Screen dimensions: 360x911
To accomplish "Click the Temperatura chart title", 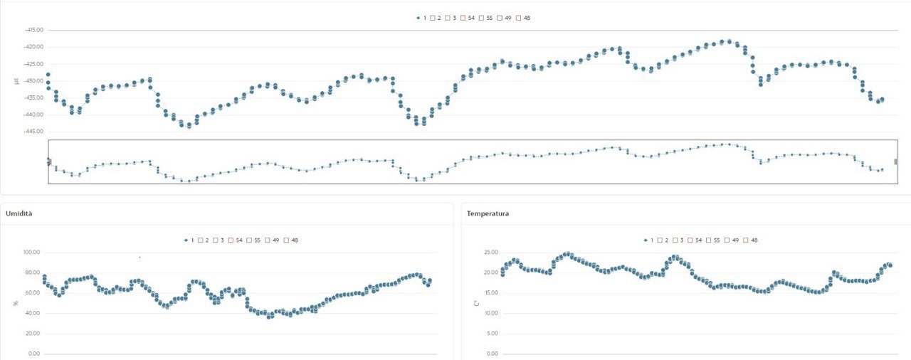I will pos(488,213).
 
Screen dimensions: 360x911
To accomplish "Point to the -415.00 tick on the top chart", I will pos(34,30).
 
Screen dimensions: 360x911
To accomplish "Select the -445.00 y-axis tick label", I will pos(34,132).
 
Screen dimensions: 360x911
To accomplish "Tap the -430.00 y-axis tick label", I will pos(34,80).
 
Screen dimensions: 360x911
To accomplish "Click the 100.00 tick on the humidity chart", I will pos(33,253).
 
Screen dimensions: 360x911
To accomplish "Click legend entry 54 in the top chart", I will pos(468,18).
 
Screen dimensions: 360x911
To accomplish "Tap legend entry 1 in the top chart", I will pos(421,18).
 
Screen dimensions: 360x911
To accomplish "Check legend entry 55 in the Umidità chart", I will pos(254,240).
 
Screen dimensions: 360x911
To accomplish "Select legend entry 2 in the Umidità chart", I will pos(204,240).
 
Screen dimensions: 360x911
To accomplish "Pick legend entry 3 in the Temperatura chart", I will pos(678,240).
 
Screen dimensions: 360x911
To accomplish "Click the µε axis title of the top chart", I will pos(16,80).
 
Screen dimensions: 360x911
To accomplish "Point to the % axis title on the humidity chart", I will pos(16,303).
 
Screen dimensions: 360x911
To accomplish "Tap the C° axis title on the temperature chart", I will pos(476,303).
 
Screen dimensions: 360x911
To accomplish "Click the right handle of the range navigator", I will pos(895,162).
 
